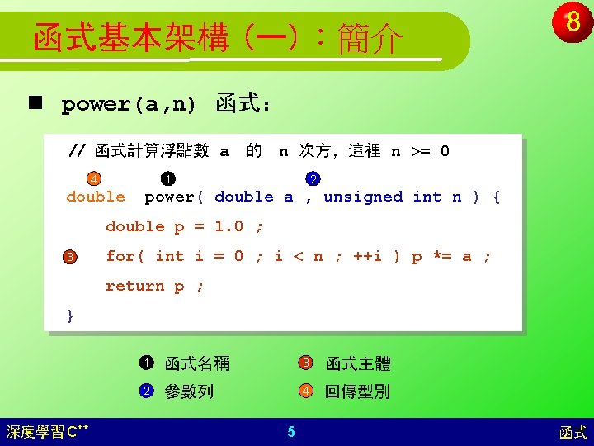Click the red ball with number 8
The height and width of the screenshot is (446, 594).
point(572,21)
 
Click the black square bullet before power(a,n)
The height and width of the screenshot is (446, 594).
point(35,102)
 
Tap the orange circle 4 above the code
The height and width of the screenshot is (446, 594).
point(94,178)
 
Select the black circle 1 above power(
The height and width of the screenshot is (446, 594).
point(168,178)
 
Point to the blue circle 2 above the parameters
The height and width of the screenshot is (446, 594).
point(313,178)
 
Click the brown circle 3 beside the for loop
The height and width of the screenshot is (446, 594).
point(69,257)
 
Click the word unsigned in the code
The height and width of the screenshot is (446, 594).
point(363,197)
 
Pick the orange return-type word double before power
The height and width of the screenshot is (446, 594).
point(96,197)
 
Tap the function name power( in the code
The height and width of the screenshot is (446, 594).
point(174,197)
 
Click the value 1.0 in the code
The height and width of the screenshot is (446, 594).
point(229,226)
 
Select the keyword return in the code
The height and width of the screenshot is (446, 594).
point(134,286)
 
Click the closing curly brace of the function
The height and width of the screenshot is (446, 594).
point(70,316)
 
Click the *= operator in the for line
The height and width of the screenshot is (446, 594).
point(442,256)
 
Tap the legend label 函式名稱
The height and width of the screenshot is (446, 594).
point(197,363)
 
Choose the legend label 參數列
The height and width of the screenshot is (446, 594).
point(189,391)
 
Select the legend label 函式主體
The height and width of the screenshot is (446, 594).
point(358,363)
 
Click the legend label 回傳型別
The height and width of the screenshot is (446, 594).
point(357,391)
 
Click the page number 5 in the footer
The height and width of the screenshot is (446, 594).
point(291,432)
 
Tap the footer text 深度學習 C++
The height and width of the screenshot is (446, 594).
point(47,431)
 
